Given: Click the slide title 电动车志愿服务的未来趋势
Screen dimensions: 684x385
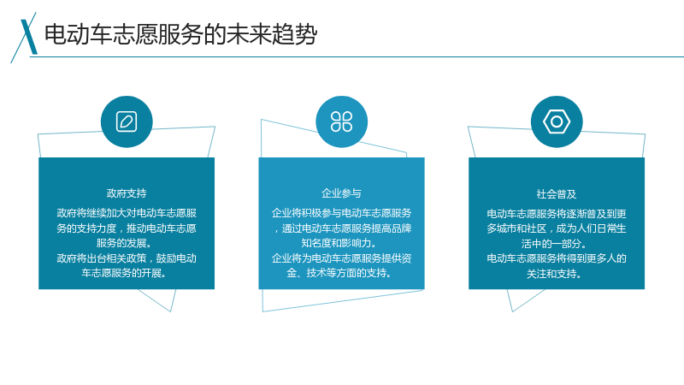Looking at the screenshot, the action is point(180,34).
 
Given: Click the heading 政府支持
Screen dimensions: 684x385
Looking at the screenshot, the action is point(127,193).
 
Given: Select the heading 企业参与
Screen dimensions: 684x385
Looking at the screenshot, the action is point(341,193).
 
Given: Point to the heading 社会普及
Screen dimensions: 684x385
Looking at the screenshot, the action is point(557,194).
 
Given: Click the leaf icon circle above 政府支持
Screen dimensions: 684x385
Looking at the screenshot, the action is point(127,121).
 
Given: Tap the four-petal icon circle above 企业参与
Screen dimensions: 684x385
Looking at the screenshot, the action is point(341,121).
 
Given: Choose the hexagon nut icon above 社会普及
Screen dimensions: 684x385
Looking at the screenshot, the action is point(557,121).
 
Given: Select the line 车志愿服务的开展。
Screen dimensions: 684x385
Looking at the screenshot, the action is point(124,273).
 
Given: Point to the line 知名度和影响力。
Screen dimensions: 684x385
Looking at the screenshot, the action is point(339,243).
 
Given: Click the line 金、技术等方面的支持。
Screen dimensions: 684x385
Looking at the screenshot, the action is point(339,273).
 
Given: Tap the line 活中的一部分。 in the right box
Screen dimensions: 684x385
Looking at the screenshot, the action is point(554,244).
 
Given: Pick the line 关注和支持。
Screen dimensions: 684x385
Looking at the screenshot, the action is point(554,274).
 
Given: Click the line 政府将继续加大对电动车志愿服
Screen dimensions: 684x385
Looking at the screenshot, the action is point(127,213).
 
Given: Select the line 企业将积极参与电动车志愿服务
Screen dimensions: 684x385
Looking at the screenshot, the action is point(341,213).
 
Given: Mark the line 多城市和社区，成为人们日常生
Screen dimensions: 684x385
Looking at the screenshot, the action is point(557,228).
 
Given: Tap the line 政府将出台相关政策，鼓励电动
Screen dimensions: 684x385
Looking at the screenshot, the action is point(127,258).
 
